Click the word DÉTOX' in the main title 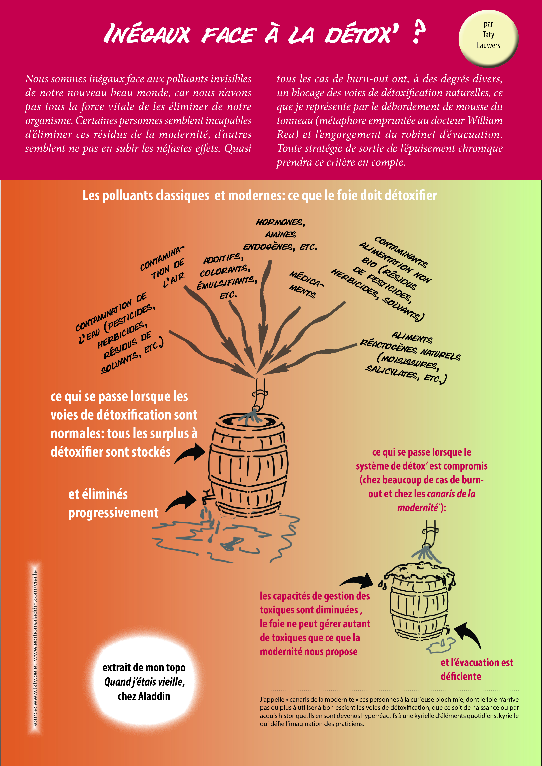[362, 34]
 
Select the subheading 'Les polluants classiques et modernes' [260, 195]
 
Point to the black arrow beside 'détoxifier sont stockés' [190, 453]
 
